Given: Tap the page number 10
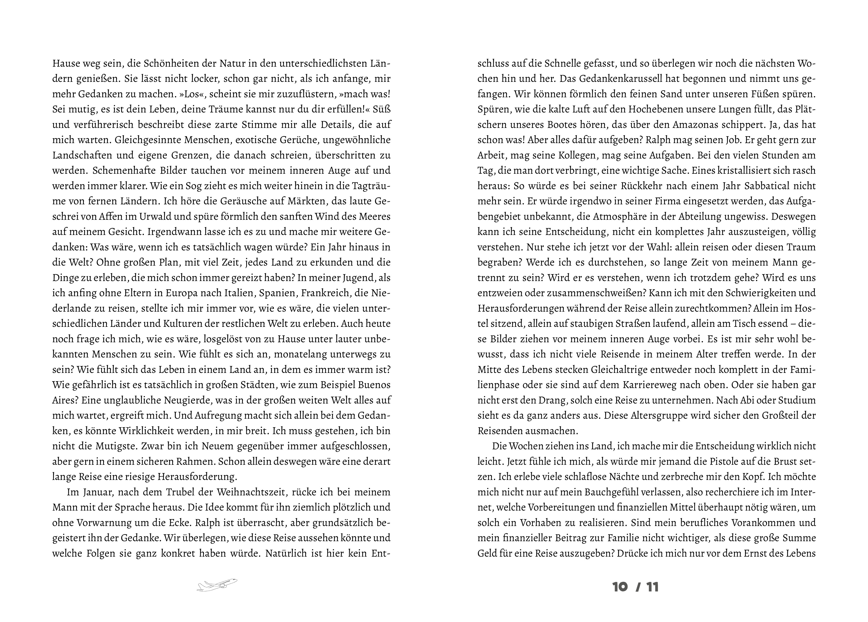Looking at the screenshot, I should click(620, 587).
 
